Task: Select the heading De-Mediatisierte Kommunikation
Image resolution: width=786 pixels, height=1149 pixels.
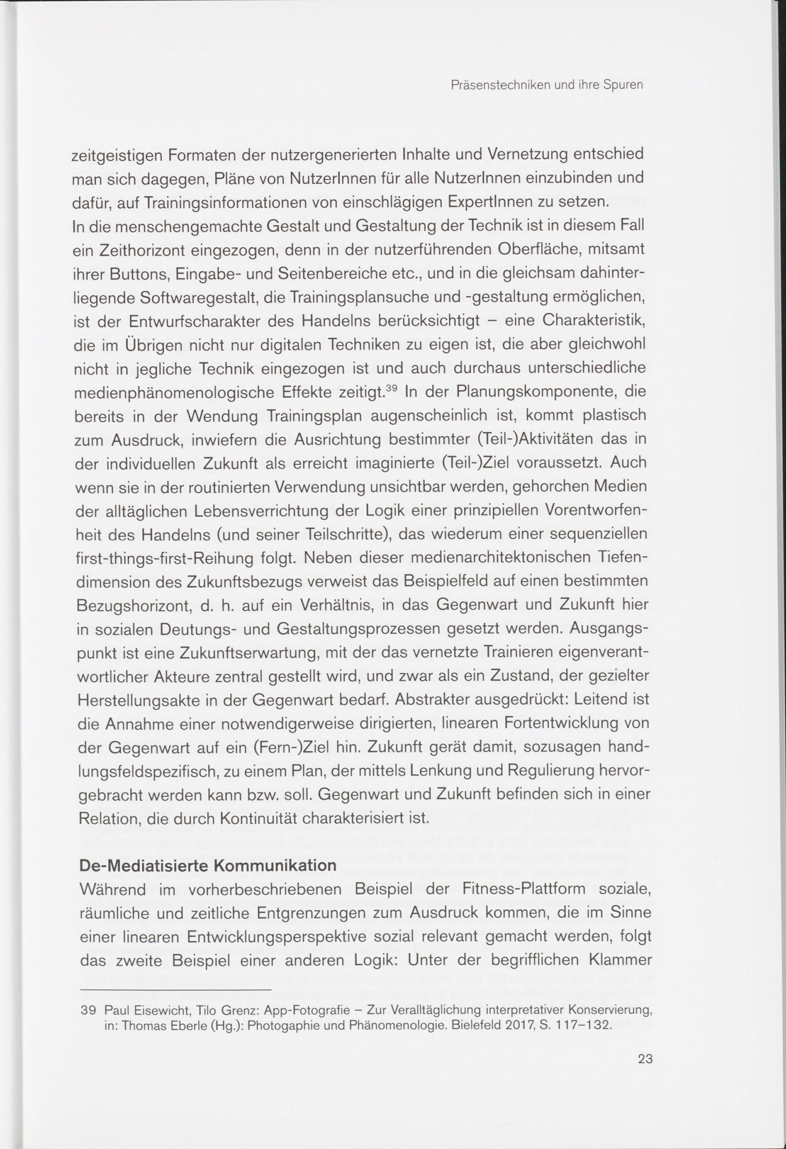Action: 208,866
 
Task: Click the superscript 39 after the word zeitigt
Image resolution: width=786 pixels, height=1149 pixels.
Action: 391,388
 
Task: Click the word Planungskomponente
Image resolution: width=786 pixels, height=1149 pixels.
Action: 537,393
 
